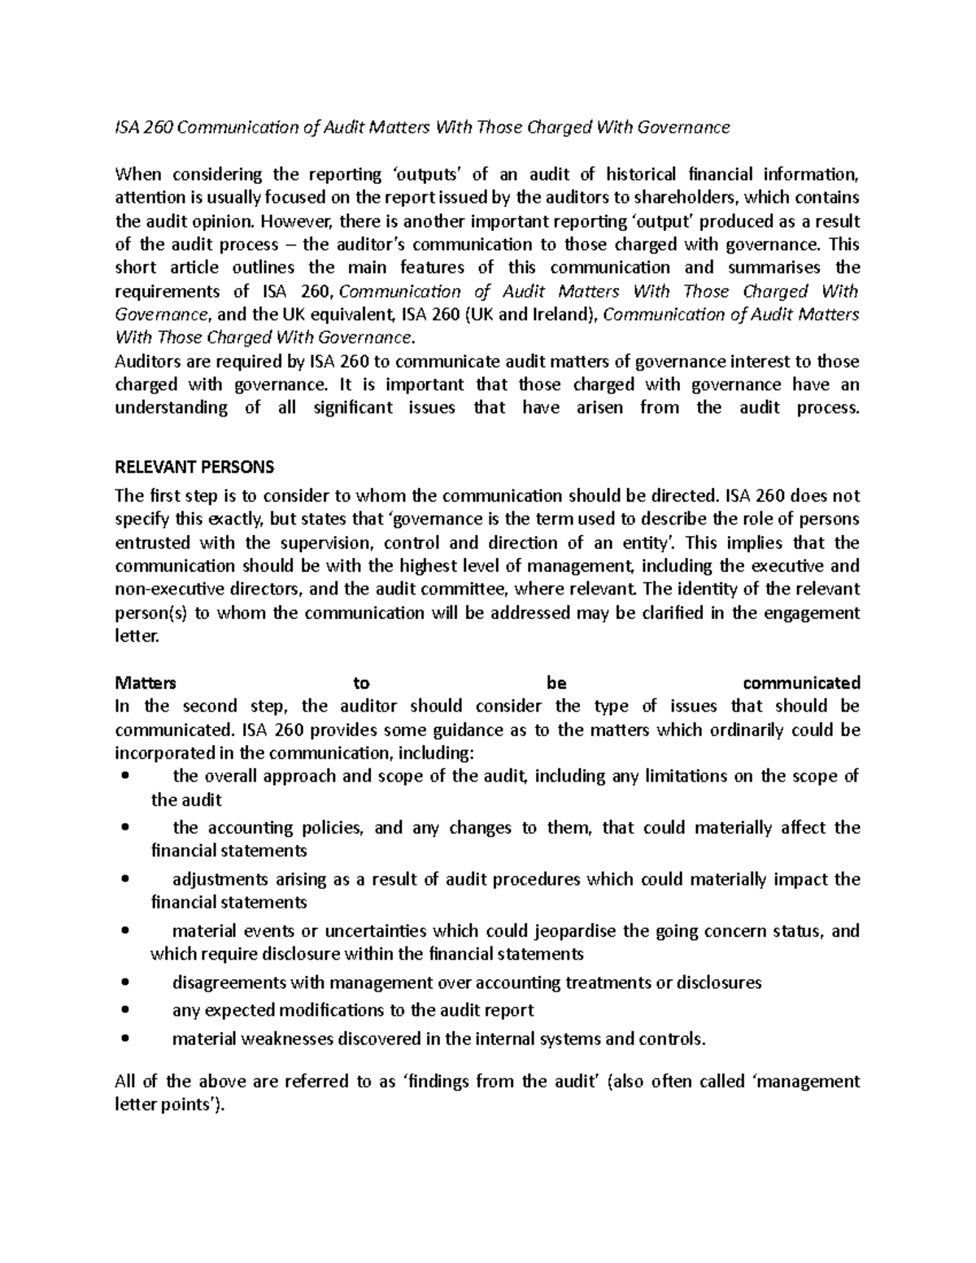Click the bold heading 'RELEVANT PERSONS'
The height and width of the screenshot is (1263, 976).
tap(194, 467)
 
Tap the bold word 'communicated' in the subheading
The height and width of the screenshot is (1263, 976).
tap(801, 682)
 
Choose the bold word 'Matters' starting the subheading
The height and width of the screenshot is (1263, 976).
tap(146, 682)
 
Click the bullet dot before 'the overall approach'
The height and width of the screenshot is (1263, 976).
tap(124, 777)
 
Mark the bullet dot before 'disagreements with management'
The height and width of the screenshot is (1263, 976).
tap(124, 982)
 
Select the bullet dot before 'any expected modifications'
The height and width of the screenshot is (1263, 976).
tap(124, 1011)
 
